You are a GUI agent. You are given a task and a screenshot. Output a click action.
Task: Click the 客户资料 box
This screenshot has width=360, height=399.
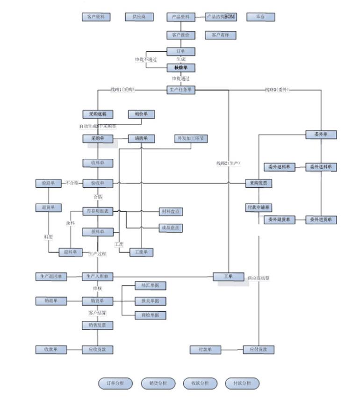pyautogui.click(x=96, y=17)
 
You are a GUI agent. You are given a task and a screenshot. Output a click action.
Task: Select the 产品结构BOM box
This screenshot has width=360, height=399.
pyautogui.click(x=221, y=17)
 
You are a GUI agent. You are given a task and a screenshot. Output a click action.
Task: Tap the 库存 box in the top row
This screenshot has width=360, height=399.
pyautogui.click(x=260, y=17)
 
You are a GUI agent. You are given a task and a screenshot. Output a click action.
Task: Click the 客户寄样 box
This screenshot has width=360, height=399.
pyautogui.click(x=220, y=35)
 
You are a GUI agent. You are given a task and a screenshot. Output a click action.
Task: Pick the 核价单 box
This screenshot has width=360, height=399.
pyautogui.click(x=180, y=68)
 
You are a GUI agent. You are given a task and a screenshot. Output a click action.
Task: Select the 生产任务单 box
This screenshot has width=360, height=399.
pyautogui.click(x=180, y=90)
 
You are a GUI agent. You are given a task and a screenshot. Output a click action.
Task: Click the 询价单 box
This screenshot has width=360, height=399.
pyautogui.click(x=141, y=114)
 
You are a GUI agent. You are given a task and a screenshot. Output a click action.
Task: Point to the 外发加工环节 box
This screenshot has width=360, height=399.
pyautogui.click(x=191, y=139)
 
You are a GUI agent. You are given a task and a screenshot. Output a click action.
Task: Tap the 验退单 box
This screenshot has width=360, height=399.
pyautogui.click(x=49, y=183)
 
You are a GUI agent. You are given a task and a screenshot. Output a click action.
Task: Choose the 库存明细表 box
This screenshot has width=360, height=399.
pyautogui.click(x=98, y=211)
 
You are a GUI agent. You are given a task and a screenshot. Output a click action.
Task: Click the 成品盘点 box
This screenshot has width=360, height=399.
pyautogui.click(x=170, y=228)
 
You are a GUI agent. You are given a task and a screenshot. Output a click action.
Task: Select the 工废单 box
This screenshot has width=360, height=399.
pyautogui.click(x=141, y=252)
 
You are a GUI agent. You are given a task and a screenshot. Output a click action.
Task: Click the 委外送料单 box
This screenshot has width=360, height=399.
pyautogui.click(x=321, y=167)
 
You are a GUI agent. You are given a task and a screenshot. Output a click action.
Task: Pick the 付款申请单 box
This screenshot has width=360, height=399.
pyautogui.click(x=259, y=207)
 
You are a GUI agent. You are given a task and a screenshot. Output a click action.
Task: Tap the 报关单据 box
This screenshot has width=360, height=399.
pyautogui.click(x=150, y=300)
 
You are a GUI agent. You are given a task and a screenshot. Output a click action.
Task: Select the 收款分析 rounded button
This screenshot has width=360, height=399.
pyautogui.click(x=200, y=384)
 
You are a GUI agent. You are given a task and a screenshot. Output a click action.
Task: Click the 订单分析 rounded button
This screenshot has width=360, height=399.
pyautogui.click(x=115, y=384)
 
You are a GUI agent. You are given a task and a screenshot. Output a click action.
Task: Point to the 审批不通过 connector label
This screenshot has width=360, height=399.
pyautogui.click(x=146, y=59)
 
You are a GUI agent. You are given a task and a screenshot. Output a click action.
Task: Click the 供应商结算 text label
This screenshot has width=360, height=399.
pyautogui.click(x=259, y=278)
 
